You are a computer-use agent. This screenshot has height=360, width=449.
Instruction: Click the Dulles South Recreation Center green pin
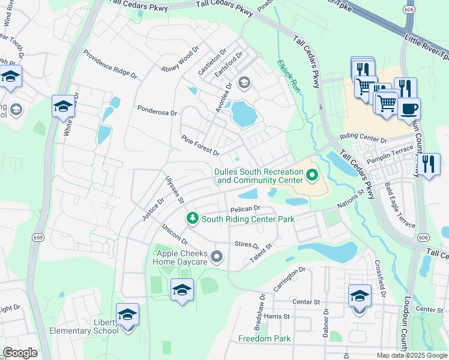[x=312, y=176]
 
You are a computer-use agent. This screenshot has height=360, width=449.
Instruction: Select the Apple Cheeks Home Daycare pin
[x=217, y=258]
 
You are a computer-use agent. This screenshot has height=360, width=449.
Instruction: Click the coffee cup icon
[x=409, y=109]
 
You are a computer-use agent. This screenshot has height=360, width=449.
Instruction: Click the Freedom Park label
[x=265, y=338]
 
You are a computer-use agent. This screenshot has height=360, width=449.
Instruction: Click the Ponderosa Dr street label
[x=157, y=111]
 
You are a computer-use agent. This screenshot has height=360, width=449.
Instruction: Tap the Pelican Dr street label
[x=244, y=209]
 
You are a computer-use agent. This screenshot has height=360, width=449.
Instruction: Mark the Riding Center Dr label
[x=363, y=139]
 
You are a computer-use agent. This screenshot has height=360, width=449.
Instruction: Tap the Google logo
[x=20, y=353]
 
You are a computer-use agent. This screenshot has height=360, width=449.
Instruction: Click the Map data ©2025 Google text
[x=412, y=355]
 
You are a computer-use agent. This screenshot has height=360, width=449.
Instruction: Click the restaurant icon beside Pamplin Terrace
[x=428, y=164]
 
